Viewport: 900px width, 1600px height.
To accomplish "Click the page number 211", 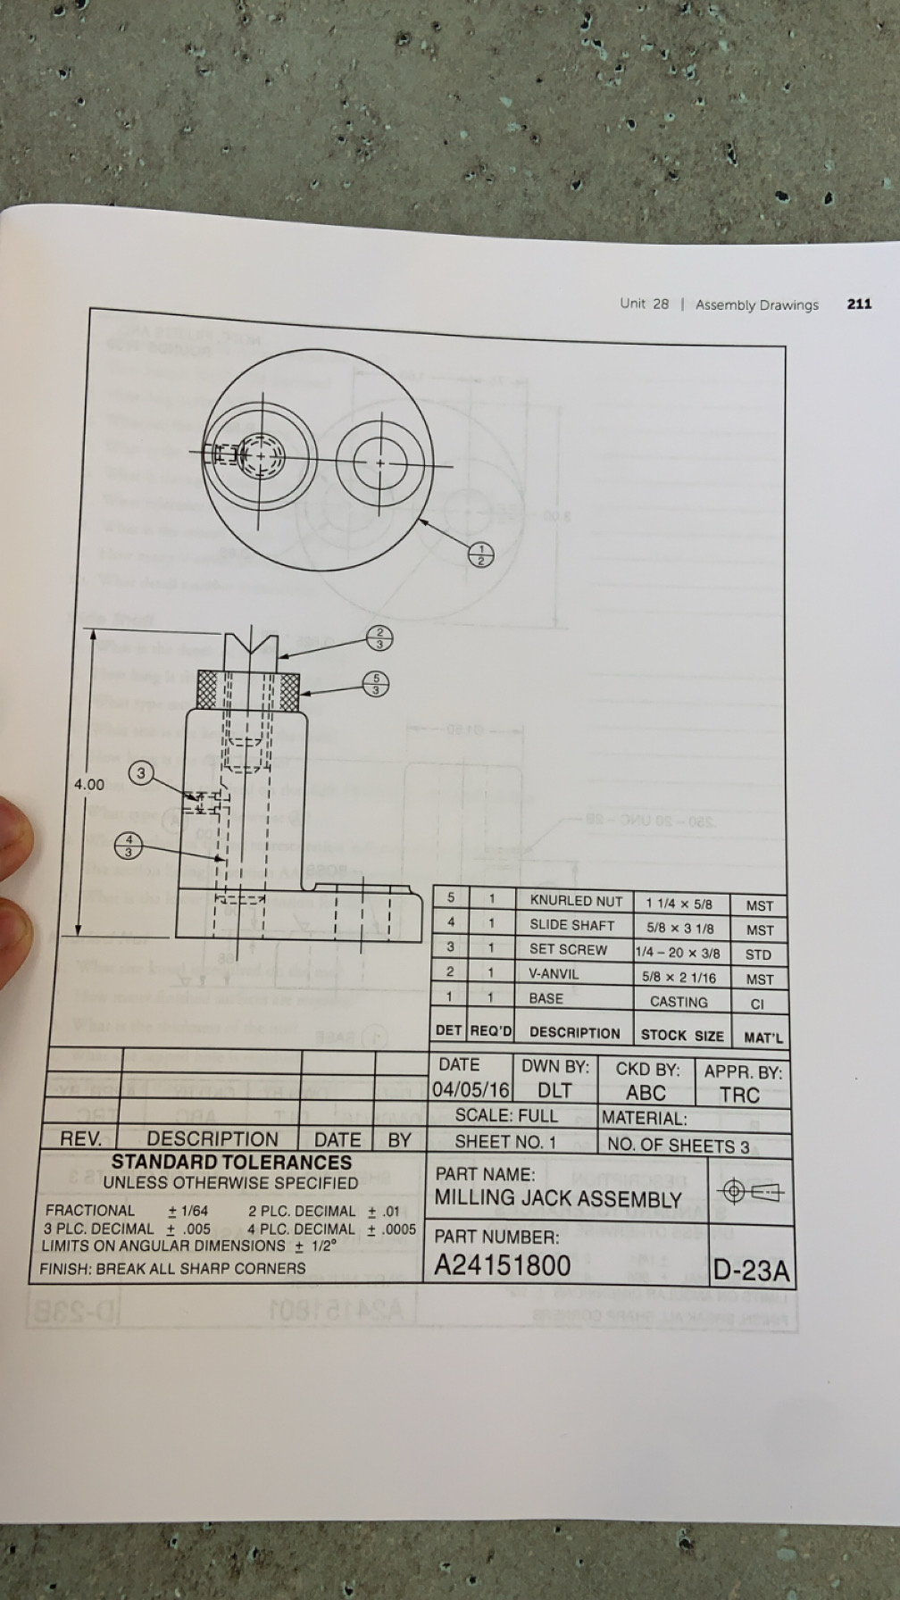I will [x=859, y=304].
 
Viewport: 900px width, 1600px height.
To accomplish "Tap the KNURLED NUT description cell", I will [x=575, y=901].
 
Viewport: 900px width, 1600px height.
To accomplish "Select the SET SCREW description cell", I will [x=568, y=949].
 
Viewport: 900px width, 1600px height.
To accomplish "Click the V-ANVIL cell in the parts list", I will [x=554, y=973].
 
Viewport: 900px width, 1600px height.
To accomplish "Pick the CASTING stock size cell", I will [x=679, y=1002].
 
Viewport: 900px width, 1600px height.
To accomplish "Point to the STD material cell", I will [x=758, y=954].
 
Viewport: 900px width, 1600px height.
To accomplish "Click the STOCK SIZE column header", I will [x=682, y=1035].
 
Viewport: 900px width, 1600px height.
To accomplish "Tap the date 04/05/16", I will [x=471, y=1090].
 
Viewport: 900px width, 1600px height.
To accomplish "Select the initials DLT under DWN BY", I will [x=554, y=1091].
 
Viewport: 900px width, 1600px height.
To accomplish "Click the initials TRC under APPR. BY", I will [x=739, y=1095].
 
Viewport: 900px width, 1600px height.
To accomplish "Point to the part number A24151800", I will [x=503, y=1265].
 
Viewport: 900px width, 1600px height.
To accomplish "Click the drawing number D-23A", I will [x=752, y=1271].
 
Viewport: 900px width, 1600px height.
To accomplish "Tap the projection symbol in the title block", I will [x=751, y=1191].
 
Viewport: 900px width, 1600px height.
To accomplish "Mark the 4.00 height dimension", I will [x=88, y=785].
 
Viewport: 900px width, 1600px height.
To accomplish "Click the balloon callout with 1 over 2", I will [x=481, y=554].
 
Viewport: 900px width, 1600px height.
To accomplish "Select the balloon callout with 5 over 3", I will [x=376, y=684].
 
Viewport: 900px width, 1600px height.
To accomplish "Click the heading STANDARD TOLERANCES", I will [x=231, y=1162].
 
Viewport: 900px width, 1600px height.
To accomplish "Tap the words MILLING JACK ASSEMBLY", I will [x=558, y=1199].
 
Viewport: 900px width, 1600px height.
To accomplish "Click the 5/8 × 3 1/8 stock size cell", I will [x=680, y=928].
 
